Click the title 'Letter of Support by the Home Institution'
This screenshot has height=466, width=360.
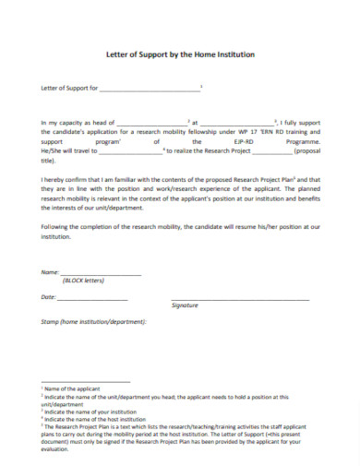(x=179, y=55)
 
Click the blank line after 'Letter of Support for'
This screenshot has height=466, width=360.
(x=149, y=90)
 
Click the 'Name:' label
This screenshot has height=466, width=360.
(x=50, y=273)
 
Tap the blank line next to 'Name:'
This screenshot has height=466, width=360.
(x=101, y=275)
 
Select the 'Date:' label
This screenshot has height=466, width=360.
(x=49, y=297)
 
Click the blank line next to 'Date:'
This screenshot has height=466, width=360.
(x=95, y=299)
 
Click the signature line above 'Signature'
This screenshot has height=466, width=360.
(x=240, y=299)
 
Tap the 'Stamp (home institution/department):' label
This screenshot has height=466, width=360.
(x=93, y=322)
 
